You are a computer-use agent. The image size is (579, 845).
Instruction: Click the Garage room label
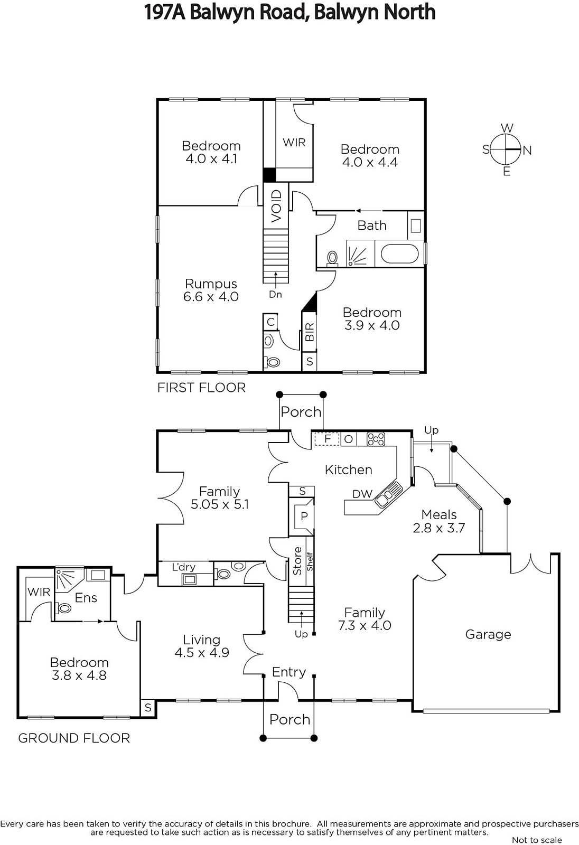click(488, 634)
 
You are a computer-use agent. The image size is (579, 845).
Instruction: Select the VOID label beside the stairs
click(276, 205)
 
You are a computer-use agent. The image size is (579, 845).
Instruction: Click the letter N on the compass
click(527, 151)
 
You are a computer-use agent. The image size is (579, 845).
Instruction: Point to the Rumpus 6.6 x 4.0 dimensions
click(211, 297)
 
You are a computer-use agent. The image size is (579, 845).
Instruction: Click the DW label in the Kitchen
click(362, 494)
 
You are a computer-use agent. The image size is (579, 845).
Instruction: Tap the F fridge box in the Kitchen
click(327, 439)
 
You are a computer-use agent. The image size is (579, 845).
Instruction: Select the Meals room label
click(439, 514)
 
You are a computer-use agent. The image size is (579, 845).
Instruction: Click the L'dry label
click(183, 567)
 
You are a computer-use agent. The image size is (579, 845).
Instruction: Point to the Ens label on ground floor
click(86, 598)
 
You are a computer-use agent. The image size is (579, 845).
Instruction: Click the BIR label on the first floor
click(310, 332)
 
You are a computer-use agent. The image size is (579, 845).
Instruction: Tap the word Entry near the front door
click(289, 672)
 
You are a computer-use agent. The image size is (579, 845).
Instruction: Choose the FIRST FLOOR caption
click(201, 388)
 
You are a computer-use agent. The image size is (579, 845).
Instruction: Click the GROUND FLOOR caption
click(74, 738)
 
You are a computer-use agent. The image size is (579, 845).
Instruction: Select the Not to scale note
click(537, 840)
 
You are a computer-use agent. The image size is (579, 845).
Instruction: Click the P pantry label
click(304, 516)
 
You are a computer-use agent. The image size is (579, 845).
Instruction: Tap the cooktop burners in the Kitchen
click(376, 439)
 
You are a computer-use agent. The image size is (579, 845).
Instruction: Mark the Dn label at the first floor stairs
click(275, 294)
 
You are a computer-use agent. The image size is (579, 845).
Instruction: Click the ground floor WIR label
click(39, 591)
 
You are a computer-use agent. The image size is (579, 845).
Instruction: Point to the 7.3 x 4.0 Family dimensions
click(365, 626)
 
